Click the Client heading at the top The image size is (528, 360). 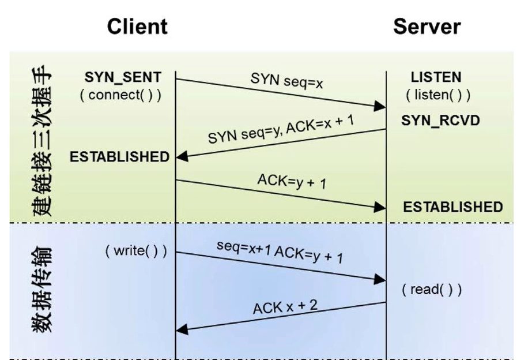(137, 27)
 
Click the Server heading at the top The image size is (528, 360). (427, 27)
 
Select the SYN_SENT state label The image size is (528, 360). (123, 77)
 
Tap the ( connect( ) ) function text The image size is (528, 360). (121, 95)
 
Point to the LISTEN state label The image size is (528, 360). (436, 77)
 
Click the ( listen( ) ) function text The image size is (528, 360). (438, 95)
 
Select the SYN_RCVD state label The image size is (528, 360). (441, 121)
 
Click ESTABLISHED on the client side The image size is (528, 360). (119, 156)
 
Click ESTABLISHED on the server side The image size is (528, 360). (452, 207)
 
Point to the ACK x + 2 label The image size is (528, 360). (285, 307)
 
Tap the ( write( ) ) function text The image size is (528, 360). (136, 251)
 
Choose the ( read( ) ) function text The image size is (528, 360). (432, 289)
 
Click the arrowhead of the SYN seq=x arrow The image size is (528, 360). (380, 106)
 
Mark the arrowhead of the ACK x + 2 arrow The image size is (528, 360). (182, 329)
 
